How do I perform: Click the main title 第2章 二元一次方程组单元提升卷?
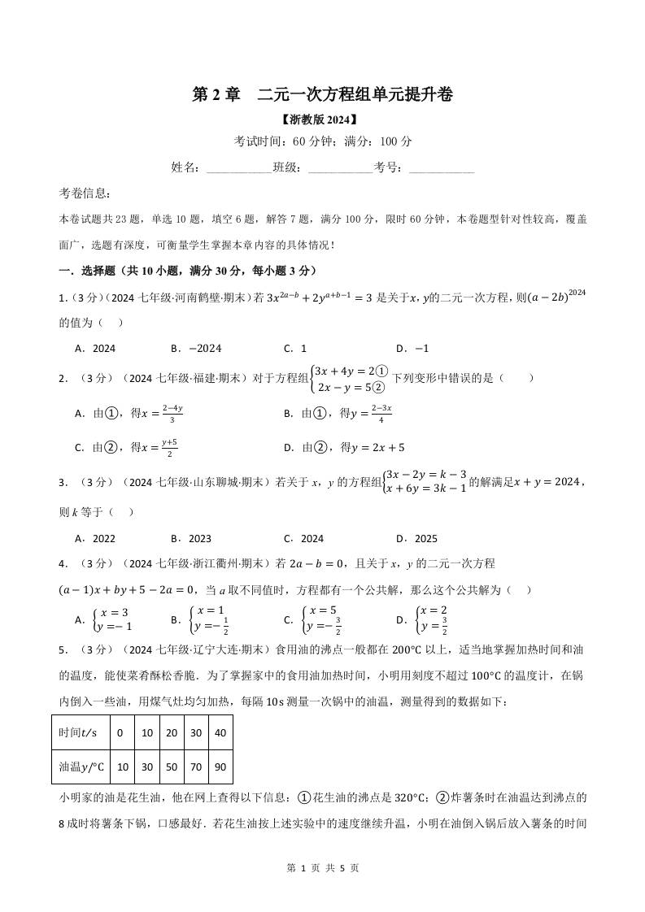(322, 94)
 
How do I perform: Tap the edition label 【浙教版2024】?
(322, 119)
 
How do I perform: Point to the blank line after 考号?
(441, 167)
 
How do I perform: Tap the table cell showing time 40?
(220, 732)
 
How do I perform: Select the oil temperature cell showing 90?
(220, 767)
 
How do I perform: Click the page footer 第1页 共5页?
(322, 867)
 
